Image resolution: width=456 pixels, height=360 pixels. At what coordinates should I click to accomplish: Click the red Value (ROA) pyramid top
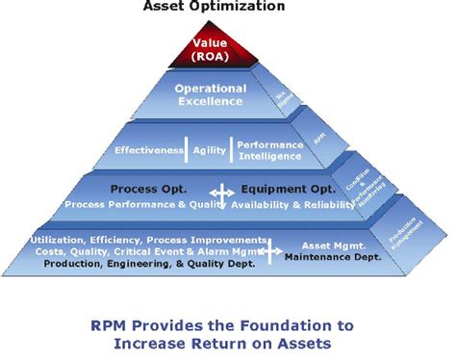pyautogui.click(x=209, y=48)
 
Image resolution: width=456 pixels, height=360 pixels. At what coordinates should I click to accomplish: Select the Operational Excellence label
pyautogui.click(x=211, y=94)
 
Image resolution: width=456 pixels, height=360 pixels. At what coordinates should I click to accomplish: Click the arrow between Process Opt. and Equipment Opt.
pyautogui.click(x=222, y=195)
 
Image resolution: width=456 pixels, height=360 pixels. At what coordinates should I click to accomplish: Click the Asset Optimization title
pyautogui.click(x=214, y=7)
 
